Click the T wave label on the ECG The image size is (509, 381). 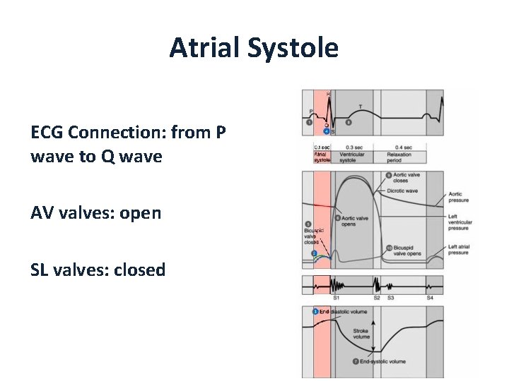[361, 107]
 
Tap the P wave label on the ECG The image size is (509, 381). [310, 111]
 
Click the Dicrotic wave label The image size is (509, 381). [402, 191]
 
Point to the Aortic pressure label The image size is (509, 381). [458, 197]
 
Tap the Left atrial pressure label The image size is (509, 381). [458, 249]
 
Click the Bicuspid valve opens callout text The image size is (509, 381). [406, 250]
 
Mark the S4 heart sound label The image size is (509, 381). [430, 298]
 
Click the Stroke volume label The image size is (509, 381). [361, 333]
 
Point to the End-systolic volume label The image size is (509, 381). [382, 362]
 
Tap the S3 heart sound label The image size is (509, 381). [390, 298]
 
